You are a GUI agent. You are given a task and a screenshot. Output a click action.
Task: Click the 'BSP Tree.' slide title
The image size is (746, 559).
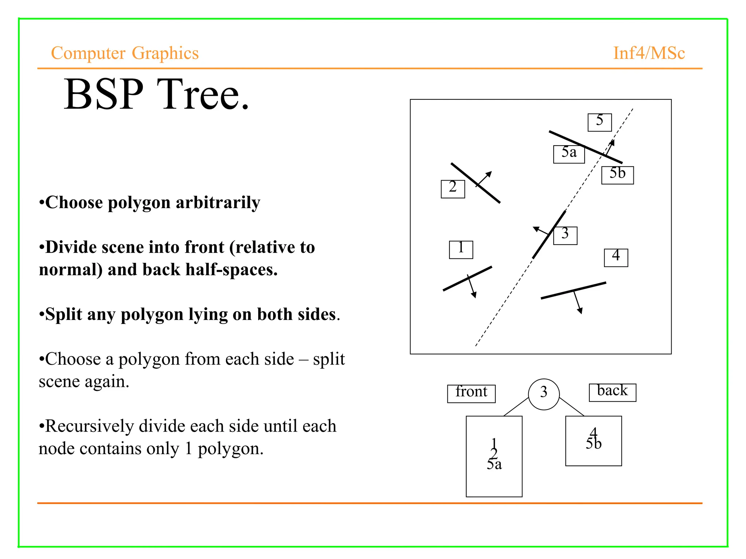[157, 95]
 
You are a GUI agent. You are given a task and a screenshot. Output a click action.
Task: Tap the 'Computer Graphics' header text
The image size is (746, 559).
[125, 53]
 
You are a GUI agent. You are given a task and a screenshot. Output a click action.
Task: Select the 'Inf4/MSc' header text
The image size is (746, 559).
[649, 53]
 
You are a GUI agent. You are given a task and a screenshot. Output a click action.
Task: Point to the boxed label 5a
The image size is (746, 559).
[569, 154]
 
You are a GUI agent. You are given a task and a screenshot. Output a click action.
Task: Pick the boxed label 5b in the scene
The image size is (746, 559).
[617, 175]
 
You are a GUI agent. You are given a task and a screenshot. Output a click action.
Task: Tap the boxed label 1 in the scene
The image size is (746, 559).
[461, 250]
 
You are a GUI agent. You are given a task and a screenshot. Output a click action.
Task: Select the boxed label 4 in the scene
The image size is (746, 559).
[616, 258]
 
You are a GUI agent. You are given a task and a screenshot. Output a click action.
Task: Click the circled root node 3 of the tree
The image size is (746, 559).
[544, 394]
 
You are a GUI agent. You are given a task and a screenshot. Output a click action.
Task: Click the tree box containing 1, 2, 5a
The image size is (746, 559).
[494, 456]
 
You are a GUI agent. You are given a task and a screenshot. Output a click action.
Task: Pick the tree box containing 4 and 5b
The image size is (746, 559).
[593, 441]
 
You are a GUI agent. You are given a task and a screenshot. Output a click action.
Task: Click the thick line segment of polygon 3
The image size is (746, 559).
[549, 235]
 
